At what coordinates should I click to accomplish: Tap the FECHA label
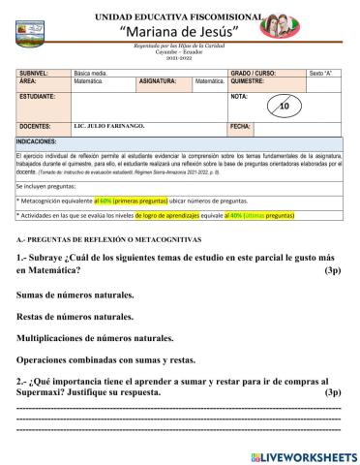[x=241, y=128]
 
